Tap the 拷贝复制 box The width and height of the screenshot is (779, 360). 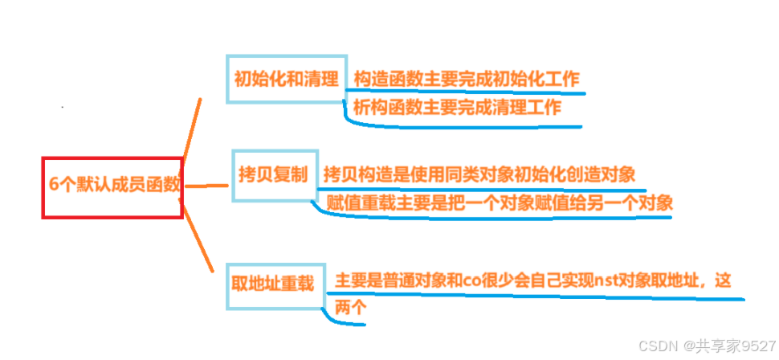click(x=273, y=174)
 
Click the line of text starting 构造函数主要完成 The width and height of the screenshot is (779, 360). click(x=466, y=80)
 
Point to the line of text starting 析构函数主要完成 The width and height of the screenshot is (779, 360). click(x=457, y=108)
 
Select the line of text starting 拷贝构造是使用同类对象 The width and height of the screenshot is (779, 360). click(x=479, y=174)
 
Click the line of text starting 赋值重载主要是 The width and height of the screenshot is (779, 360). click(x=499, y=202)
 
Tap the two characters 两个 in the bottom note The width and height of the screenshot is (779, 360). click(x=350, y=306)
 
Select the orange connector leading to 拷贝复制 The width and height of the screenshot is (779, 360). click(x=207, y=185)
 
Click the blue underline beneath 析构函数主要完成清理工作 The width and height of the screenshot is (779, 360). click(x=462, y=125)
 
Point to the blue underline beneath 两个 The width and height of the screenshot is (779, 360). click(x=345, y=323)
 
